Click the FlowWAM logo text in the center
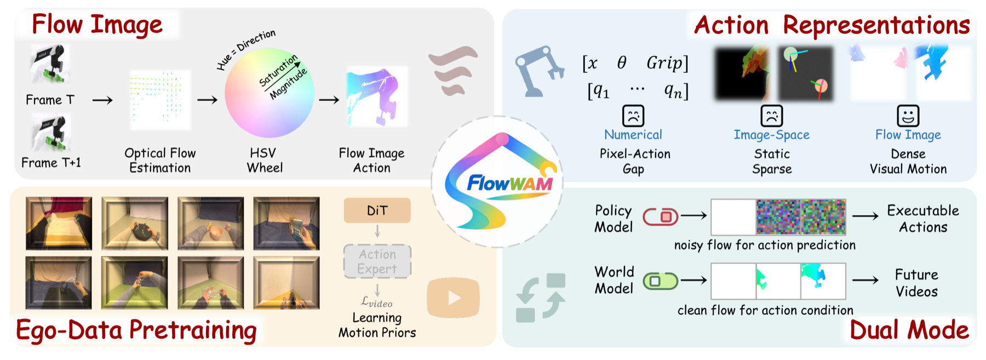coord(509,183)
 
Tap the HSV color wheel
coord(270,93)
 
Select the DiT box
coord(377,210)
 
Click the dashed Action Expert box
coord(377,261)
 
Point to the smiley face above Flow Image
coord(908,116)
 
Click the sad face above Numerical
coord(633,116)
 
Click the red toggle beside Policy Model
coord(661,217)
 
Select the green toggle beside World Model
coord(661,281)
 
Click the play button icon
coord(453,298)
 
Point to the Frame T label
coord(50,100)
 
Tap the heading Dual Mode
coord(909,330)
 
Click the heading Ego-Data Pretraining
coord(136,330)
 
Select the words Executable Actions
coord(923,219)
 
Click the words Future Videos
coord(916,283)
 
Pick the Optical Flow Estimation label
coord(160,160)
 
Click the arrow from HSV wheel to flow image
coord(329,100)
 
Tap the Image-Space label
coord(771,135)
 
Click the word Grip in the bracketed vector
coord(664,62)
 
